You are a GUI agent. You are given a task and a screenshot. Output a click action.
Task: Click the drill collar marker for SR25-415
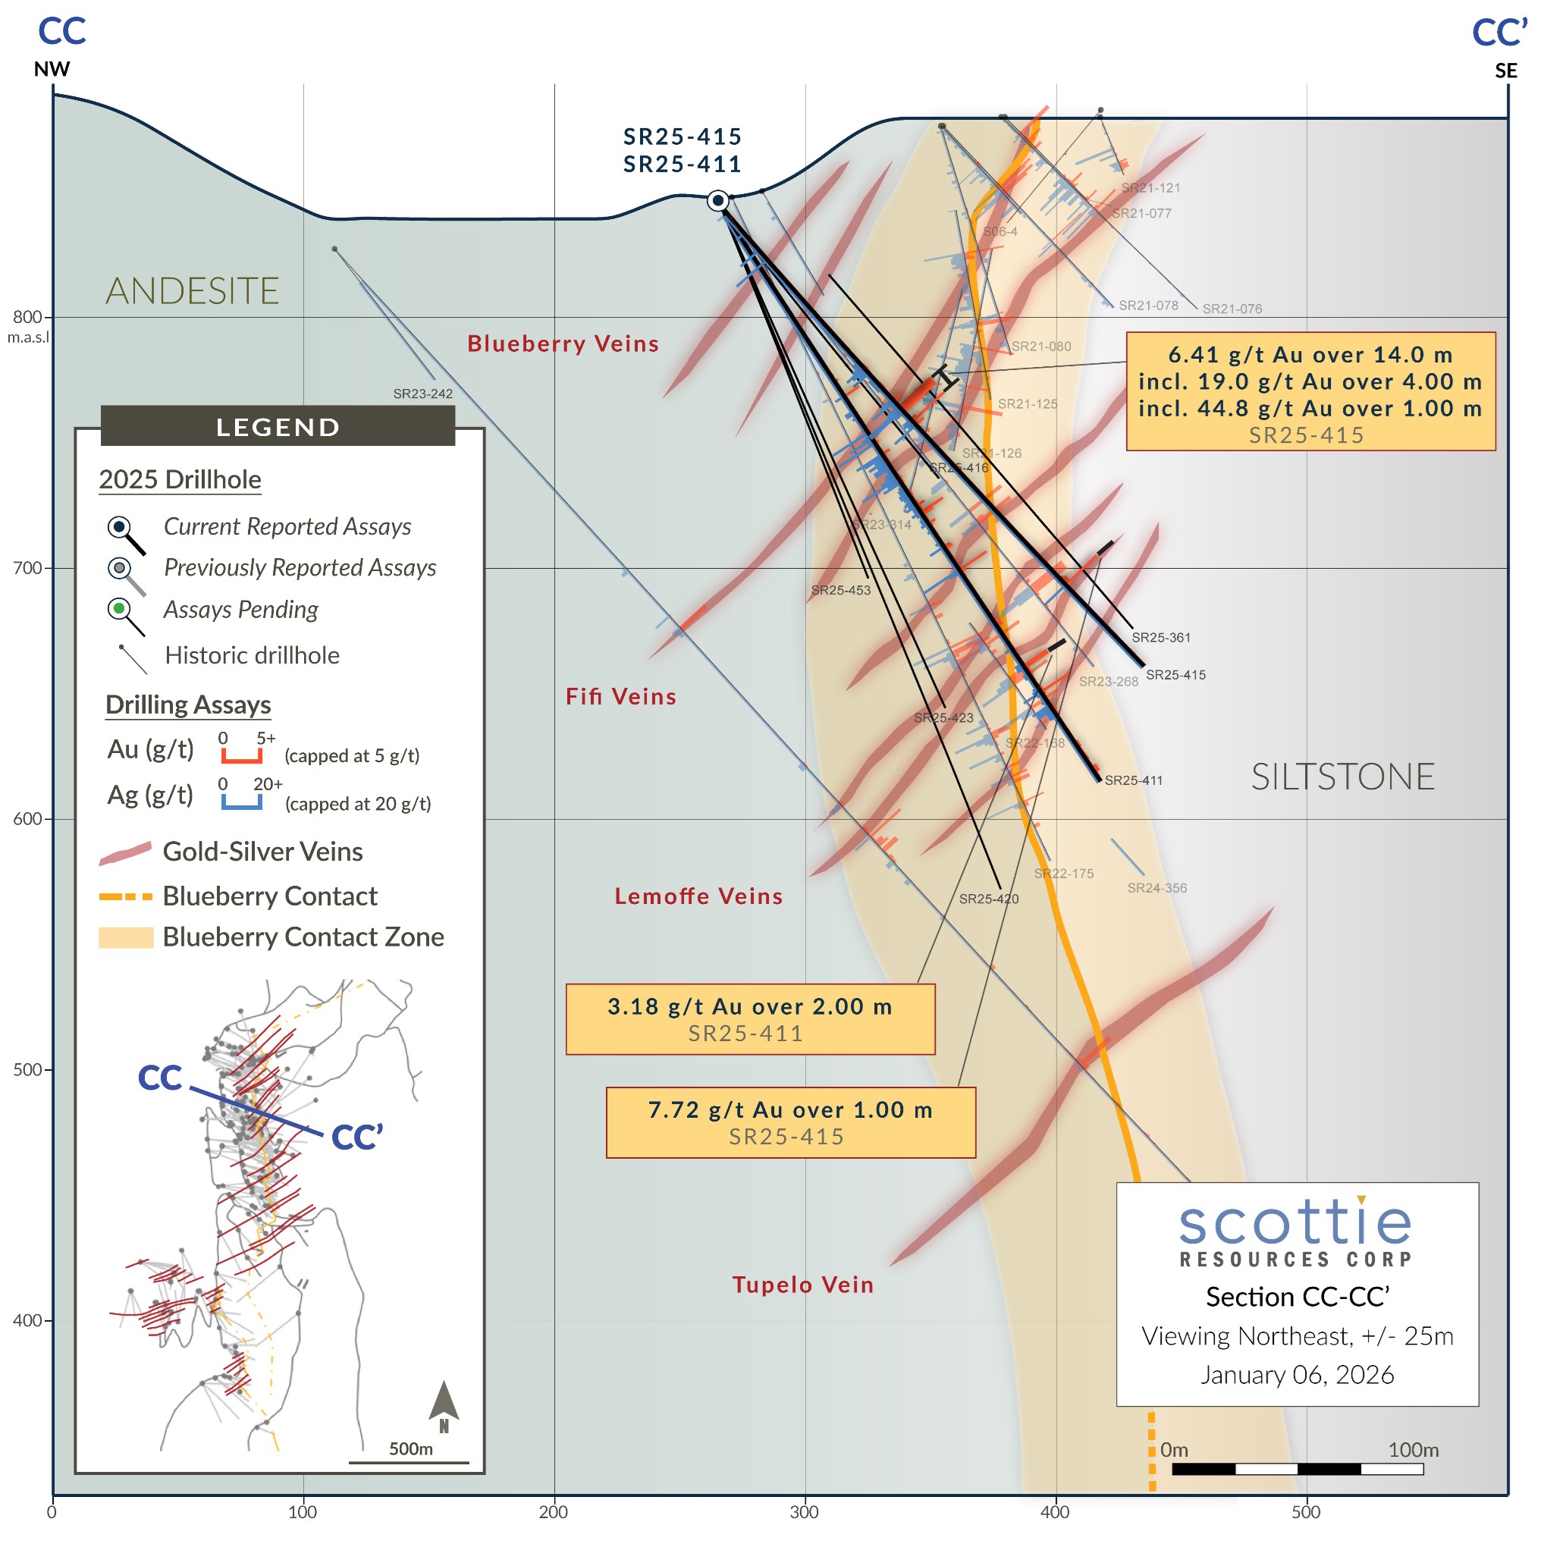tap(718, 200)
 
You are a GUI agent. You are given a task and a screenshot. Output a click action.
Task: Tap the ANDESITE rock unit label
tap(192, 290)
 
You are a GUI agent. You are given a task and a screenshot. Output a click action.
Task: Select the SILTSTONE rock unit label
tap(1342, 777)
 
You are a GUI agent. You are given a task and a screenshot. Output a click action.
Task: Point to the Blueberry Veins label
tap(563, 344)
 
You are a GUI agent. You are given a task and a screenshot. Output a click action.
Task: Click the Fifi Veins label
tap(620, 697)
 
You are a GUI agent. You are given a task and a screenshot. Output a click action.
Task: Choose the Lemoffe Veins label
tap(698, 896)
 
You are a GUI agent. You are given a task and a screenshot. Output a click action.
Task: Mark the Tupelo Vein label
tap(802, 1285)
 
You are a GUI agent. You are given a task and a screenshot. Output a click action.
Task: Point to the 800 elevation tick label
tap(27, 317)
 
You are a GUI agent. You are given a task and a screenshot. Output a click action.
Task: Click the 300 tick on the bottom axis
tap(804, 1512)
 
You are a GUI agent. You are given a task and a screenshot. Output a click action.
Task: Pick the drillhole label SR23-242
tap(423, 394)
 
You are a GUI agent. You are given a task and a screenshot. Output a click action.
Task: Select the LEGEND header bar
tap(278, 426)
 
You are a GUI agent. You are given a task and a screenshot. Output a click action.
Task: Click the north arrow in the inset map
tap(444, 1406)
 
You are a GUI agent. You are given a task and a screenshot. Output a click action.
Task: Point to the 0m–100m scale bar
tap(1298, 1469)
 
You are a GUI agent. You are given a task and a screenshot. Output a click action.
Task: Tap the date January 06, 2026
tap(1297, 1374)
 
